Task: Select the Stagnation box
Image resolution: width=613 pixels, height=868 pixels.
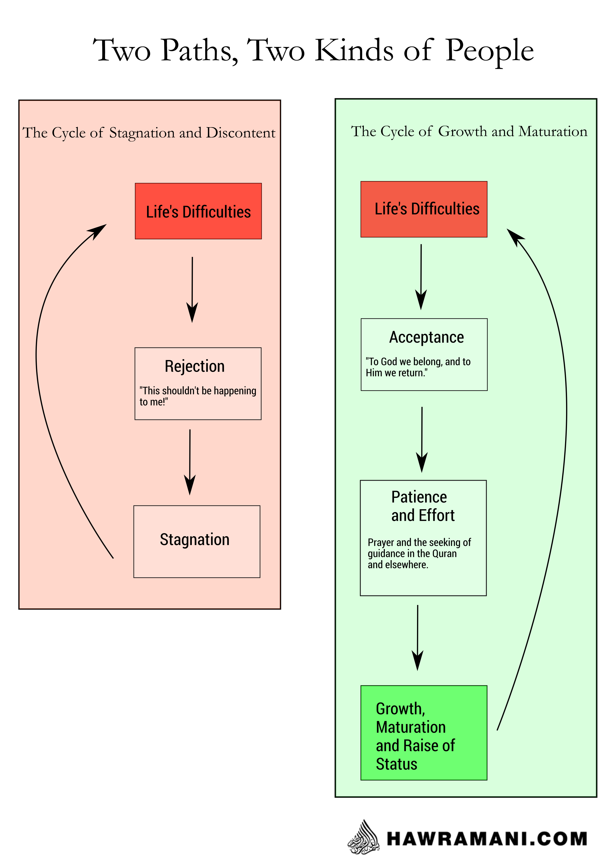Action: coord(197,541)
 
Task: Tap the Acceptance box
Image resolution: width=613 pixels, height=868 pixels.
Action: coord(424,354)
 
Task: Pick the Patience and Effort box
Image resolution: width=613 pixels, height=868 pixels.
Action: coord(423,538)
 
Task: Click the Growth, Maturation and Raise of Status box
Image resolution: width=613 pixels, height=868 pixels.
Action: coord(424,733)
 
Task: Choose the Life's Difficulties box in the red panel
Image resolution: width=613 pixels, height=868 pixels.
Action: coord(198,211)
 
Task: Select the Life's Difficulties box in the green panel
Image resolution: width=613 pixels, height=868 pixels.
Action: coord(424,209)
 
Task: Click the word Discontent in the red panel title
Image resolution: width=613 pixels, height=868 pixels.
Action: coord(241,133)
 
